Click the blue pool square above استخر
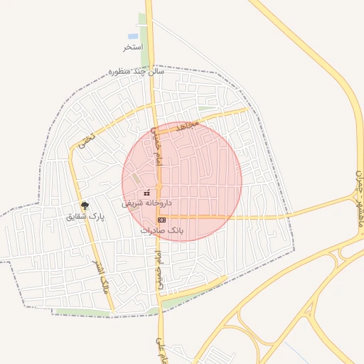point(133,36)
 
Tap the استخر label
point(133,47)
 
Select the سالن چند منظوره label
point(136,71)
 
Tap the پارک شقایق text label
point(85,216)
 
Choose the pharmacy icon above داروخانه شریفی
point(146,193)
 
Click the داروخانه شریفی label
point(146,203)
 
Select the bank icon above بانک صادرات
point(161,220)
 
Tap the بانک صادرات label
point(162,230)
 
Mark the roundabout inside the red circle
point(159,187)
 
